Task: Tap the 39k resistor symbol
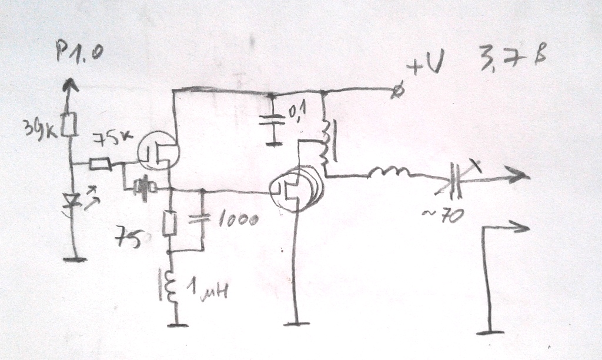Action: click(70, 125)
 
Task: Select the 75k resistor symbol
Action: click(100, 165)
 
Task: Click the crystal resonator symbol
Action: click(143, 188)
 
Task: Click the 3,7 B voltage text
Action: click(513, 61)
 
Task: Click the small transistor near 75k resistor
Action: click(158, 151)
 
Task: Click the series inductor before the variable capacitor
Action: click(390, 174)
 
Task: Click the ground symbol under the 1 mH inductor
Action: click(176, 324)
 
